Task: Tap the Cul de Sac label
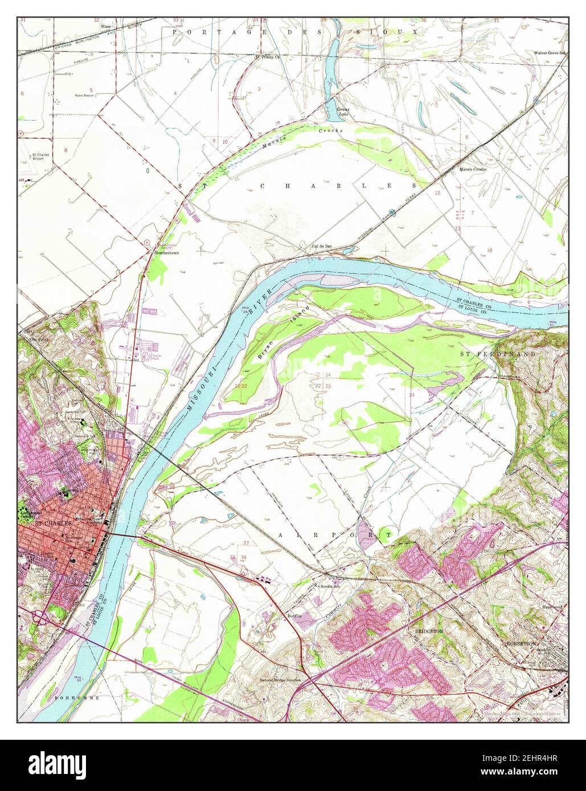[321, 246]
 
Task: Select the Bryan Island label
[282, 332]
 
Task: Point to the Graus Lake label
[342, 112]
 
